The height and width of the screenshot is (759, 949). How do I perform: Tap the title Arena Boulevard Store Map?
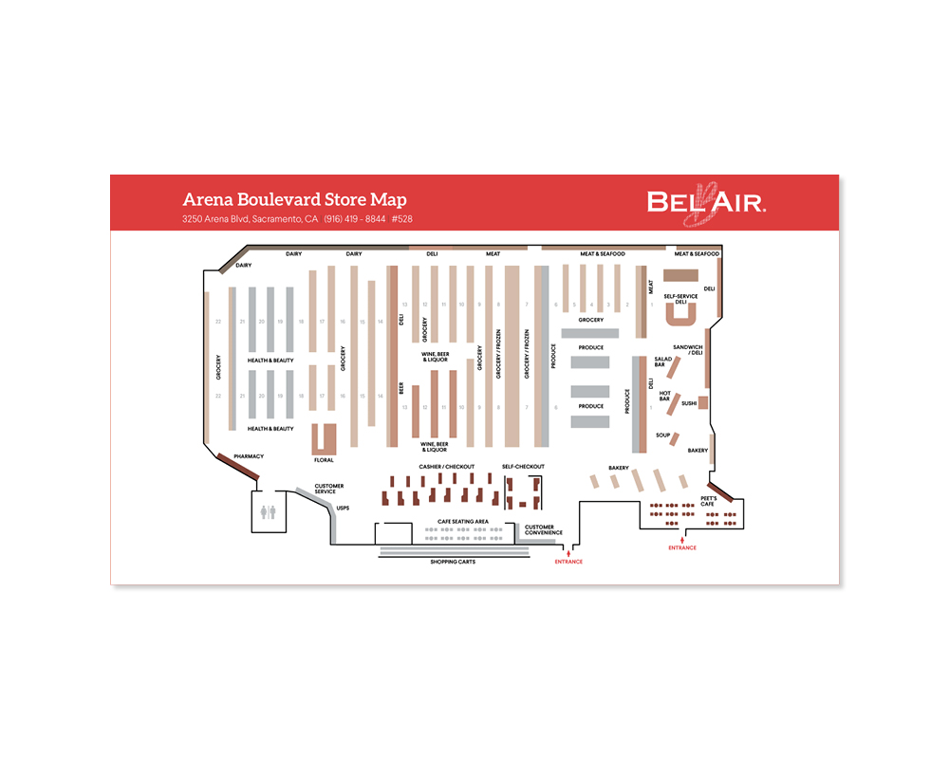point(294,200)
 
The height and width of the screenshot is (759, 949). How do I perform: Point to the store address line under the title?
point(297,219)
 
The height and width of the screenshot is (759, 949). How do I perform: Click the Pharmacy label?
point(249,456)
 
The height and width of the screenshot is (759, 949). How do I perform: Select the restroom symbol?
point(268,512)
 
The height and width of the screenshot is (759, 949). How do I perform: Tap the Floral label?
point(325,459)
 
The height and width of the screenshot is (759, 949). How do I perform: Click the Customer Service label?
point(329,489)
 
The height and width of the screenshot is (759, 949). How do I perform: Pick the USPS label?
point(344,509)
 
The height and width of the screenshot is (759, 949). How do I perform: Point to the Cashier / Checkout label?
point(446,467)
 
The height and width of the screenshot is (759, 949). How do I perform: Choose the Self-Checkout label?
point(523,467)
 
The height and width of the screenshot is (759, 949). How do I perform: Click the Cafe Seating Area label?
point(462,522)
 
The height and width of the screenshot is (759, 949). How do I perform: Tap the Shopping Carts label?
point(453,562)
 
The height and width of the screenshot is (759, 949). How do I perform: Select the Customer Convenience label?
point(544,530)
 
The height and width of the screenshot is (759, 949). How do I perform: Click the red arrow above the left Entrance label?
point(568,552)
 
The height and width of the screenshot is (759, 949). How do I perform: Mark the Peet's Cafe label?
point(707,500)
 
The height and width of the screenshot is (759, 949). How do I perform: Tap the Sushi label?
point(689,403)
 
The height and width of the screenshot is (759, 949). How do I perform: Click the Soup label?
point(662,435)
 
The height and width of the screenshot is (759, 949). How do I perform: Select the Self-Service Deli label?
point(680,299)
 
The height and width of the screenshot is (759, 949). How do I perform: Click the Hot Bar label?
point(664,396)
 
